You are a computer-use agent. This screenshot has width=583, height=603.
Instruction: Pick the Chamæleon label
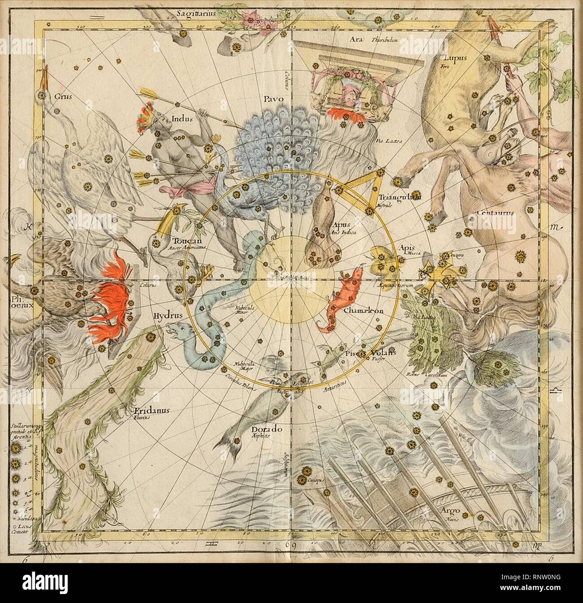coord(363,310)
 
